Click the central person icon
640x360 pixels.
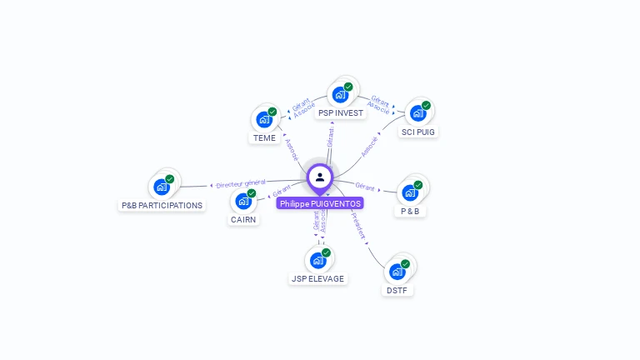tap(320, 177)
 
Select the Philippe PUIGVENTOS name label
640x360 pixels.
tap(320, 203)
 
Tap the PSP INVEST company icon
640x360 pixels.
tap(340, 95)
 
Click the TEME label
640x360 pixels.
tap(264, 138)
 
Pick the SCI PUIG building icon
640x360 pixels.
tap(417, 113)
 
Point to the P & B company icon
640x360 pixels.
tap(409, 192)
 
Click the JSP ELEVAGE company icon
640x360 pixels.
tap(317, 260)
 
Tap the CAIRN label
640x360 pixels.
tap(243, 220)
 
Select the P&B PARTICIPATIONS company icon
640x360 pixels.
tap(162, 187)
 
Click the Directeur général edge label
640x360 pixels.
tap(241, 183)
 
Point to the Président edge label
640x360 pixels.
tap(358, 226)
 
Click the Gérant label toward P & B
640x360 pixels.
tap(364, 186)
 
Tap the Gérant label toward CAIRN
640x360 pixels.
tap(282, 193)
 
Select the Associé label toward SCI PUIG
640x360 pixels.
tap(369, 146)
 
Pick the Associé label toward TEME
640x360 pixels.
tap(291, 150)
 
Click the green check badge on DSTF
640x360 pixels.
tap(405, 264)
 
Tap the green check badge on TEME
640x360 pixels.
tap(272, 112)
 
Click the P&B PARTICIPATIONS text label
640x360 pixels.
tap(162, 205)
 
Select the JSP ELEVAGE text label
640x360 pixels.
tap(317, 279)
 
